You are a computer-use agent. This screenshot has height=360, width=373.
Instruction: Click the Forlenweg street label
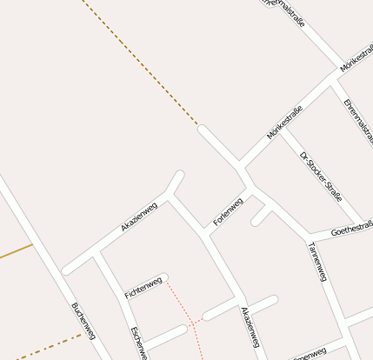(228, 212)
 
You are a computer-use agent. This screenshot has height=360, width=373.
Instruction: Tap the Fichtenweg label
(143, 288)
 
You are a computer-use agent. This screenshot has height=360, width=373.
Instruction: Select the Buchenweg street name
(83, 320)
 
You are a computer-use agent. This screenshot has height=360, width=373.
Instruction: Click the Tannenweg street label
(316, 261)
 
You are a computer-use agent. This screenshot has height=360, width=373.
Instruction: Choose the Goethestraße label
(352, 230)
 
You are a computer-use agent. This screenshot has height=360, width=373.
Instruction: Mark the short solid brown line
(16, 252)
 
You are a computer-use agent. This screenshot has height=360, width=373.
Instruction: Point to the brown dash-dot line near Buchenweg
(43, 345)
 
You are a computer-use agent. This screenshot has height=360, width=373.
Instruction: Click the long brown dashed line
(139, 61)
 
